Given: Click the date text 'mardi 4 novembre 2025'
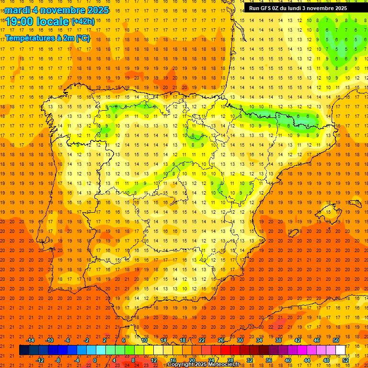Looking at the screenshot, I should click(x=57, y=10).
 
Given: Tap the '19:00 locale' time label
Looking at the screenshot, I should click(x=37, y=21).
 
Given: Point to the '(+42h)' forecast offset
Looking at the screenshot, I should click(x=83, y=21).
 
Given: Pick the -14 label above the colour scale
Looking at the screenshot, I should click(x=31, y=340).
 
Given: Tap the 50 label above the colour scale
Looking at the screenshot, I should click(x=336, y=340).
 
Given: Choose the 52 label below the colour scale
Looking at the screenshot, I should click(x=345, y=360).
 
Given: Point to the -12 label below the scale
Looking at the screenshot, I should click(x=40, y=360).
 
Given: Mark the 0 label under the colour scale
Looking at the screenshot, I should click(x=95, y=360).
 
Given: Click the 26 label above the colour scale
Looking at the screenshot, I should click(x=221, y=340).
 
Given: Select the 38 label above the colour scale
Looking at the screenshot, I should click(x=278, y=340).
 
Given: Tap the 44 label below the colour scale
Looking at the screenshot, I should click(x=307, y=360).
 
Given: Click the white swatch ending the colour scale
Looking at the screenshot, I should click(x=341, y=350).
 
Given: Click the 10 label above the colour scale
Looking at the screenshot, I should click(x=144, y=340).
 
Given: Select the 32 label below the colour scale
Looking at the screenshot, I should click(x=250, y=360).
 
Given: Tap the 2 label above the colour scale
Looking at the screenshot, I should click(x=105, y=340).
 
